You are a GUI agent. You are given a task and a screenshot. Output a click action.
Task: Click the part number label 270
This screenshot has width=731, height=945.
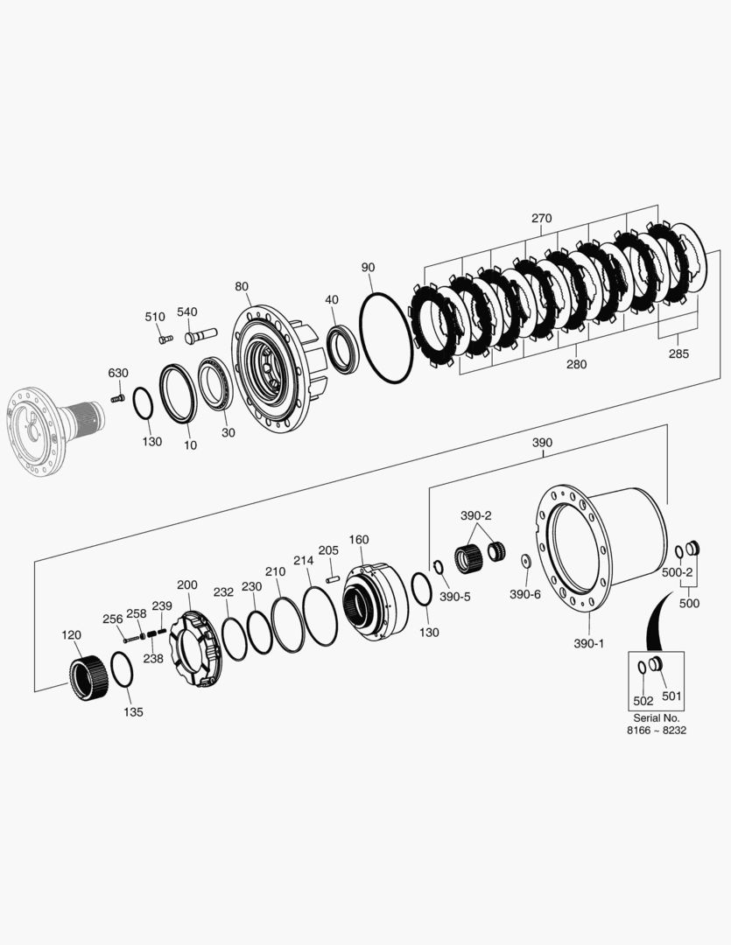coord(541,219)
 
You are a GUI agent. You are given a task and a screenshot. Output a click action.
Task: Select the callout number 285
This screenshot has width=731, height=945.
coord(678,353)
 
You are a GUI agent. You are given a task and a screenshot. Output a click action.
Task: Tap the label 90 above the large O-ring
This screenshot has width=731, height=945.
coord(369,266)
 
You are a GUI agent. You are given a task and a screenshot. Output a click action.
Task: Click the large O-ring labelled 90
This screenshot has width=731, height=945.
coord(386,338)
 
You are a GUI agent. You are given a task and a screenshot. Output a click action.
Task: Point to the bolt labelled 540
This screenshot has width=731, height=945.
coord(200,336)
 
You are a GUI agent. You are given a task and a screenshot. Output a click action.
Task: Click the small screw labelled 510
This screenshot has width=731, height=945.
coord(164,338)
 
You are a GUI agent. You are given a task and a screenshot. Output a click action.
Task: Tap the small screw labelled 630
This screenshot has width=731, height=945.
coord(117,399)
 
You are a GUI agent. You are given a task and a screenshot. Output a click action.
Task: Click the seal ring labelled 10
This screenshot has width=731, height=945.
coord(178,394)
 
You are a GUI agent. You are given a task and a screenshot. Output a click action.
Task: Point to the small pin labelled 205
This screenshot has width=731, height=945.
coord(332,577)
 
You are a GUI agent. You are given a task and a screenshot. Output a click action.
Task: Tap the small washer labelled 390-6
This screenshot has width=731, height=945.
coord(525,560)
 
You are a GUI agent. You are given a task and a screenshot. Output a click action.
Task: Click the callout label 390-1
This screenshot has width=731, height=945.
coord(588,643)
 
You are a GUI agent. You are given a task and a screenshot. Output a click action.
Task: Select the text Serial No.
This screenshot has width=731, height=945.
coord(655,717)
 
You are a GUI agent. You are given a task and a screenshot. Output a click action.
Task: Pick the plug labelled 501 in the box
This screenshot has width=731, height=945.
coord(656,666)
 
